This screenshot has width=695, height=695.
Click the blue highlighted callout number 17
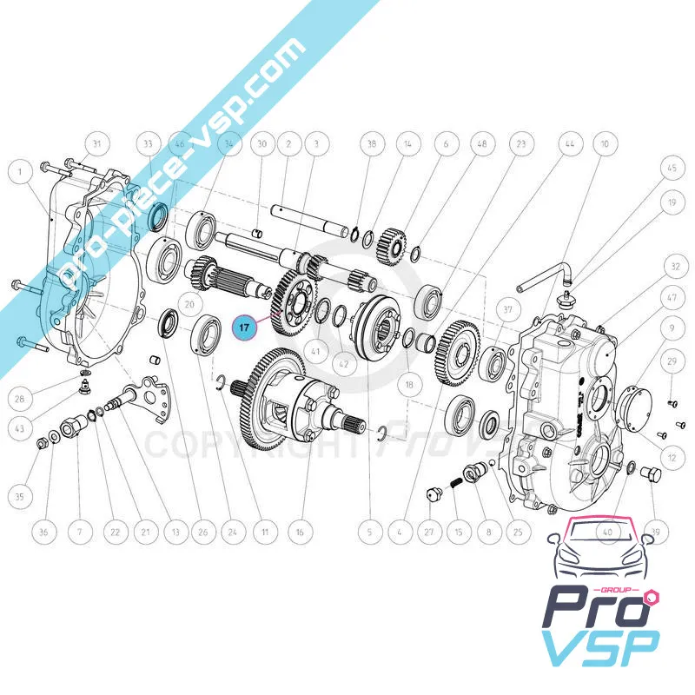click(246, 328)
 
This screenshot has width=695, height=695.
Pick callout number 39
click(656, 532)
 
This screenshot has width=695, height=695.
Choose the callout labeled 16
click(299, 532)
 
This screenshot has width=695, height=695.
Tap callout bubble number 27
click(427, 532)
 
